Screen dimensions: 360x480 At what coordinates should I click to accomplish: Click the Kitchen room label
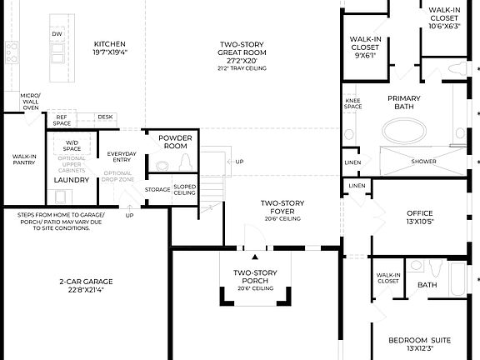[x=109, y=43]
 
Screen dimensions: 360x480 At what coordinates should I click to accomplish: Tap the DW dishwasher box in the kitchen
[x=57, y=34]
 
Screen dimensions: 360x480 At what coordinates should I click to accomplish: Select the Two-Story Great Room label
[x=242, y=48]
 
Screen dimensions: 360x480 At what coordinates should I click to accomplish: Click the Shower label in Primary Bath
[x=423, y=161]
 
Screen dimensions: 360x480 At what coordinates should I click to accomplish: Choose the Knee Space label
[x=352, y=104]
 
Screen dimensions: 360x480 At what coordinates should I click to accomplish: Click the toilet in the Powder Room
[x=185, y=162]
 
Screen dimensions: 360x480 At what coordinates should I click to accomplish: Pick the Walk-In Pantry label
[x=22, y=159]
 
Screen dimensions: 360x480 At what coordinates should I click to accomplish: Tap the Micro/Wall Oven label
[x=30, y=102]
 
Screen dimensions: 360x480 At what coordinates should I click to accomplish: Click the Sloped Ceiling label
[x=184, y=189]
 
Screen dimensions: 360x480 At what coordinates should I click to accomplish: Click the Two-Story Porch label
[x=254, y=277]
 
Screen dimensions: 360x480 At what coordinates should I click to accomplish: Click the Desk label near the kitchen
[x=104, y=117]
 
